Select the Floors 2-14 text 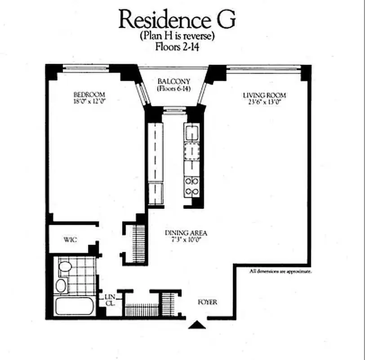177,46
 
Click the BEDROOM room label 89,94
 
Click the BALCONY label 174,81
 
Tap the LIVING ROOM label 264,95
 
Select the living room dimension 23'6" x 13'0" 264,102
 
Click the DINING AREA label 186,233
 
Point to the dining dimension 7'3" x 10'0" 186,240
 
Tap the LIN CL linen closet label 110,300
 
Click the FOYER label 207,302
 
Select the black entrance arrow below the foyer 196,324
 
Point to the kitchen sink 192,134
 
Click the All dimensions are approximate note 280,271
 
